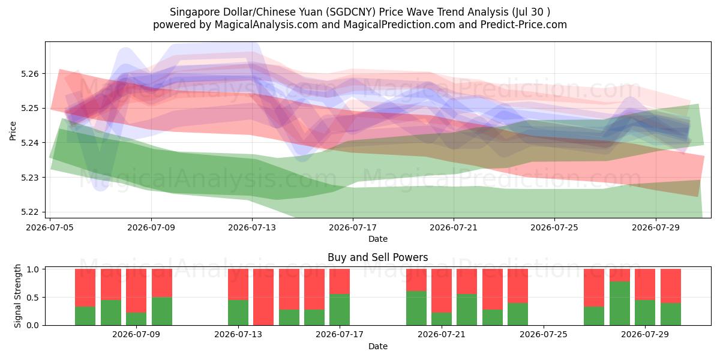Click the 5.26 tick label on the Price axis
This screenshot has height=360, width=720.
(x=29, y=74)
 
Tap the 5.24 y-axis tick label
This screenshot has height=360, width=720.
(x=29, y=143)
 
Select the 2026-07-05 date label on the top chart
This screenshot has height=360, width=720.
(x=50, y=227)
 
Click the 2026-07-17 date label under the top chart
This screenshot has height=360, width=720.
(x=353, y=227)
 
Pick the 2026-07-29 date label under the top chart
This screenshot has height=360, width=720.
(x=656, y=227)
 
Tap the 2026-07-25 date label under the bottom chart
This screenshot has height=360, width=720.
(x=544, y=334)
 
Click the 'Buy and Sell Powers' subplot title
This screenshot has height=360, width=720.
(x=377, y=257)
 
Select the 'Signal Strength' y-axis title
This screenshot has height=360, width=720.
(x=17, y=296)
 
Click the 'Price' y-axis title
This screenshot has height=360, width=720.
(x=13, y=131)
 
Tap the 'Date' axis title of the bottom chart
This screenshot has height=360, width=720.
(x=378, y=346)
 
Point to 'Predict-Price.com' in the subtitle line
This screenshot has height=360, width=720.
(x=524, y=25)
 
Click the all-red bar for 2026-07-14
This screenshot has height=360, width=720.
(x=263, y=297)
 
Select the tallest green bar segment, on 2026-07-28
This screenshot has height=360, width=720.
(x=620, y=304)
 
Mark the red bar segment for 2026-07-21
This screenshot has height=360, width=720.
(x=442, y=291)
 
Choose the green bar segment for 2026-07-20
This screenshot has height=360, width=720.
(x=416, y=308)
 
